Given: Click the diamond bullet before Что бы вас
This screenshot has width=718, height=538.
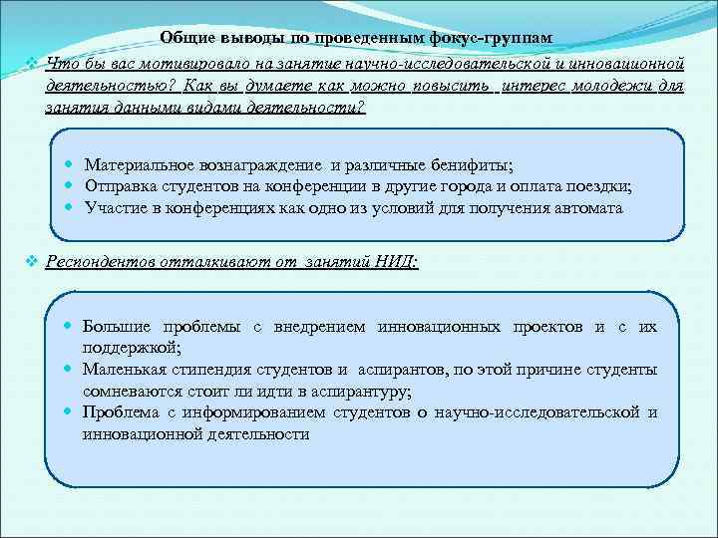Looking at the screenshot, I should pyautogui.click(x=32, y=63).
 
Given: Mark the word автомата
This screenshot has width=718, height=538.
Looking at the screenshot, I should pyautogui.click(x=587, y=208).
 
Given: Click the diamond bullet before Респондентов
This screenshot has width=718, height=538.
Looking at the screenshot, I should pyautogui.click(x=32, y=262).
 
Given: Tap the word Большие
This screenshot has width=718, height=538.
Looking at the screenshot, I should pyautogui.click(x=117, y=327).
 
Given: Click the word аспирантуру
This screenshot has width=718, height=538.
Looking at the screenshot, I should pyautogui.click(x=357, y=391).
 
